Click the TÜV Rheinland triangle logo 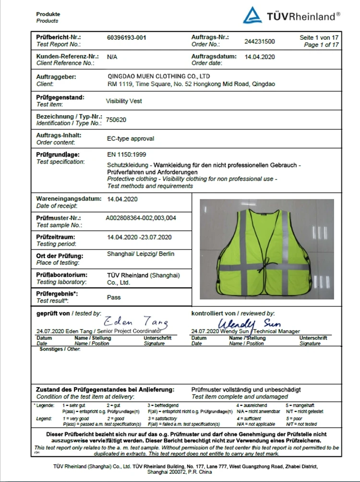[252, 15]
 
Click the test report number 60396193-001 [127, 37]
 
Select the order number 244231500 [259, 41]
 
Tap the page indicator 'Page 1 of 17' [321, 45]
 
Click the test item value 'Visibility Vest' [124, 101]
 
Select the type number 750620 [117, 119]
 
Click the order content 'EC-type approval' [131, 139]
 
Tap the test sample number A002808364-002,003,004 [141, 218]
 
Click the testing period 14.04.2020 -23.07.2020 [140, 237]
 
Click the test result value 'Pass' [114, 297]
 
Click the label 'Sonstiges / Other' [60, 349]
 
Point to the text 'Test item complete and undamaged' [240, 397]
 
